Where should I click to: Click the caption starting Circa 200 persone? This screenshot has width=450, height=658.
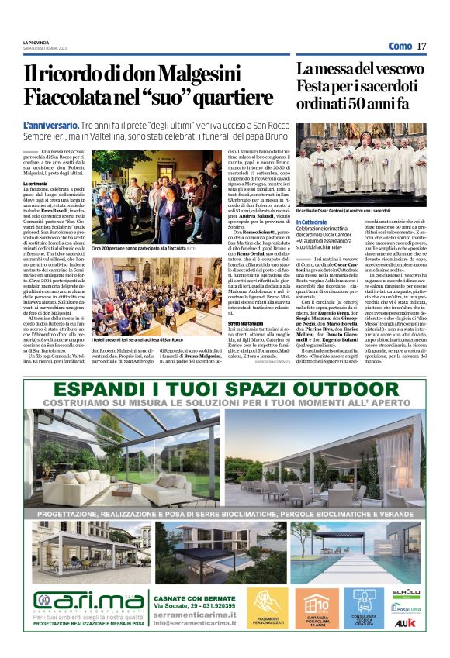point(144,249)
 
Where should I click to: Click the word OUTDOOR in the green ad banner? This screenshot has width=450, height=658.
point(335,389)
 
